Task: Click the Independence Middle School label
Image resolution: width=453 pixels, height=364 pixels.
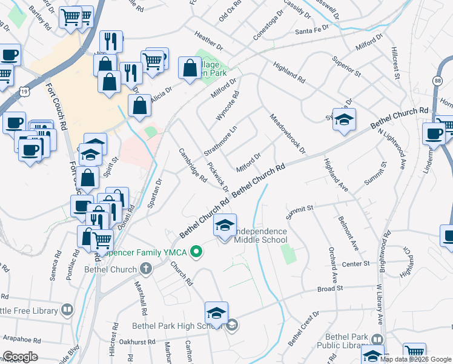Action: pyautogui.click(x=260, y=235)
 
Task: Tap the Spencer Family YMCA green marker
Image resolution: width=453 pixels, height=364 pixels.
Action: pyautogui.click(x=196, y=250)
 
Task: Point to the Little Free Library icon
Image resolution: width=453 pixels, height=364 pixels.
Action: pyautogui.click(x=67, y=311)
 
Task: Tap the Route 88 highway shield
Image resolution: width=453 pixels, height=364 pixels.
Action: pyautogui.click(x=437, y=81)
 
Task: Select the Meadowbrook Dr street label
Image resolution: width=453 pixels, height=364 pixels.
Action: pyautogui.click(x=287, y=134)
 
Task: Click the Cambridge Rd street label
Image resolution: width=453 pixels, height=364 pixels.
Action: pyautogui.click(x=193, y=164)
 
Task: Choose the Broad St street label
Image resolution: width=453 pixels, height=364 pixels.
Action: pyautogui.click(x=331, y=289)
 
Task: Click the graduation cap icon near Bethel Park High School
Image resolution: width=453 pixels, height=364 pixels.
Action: pyautogui.click(x=216, y=313)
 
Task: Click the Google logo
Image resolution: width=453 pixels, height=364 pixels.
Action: pyautogui.click(x=20, y=357)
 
